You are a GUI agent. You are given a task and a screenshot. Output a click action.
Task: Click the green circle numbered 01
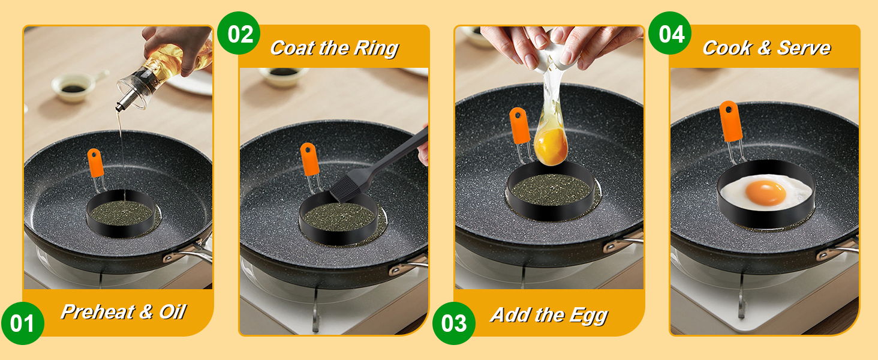[23, 323]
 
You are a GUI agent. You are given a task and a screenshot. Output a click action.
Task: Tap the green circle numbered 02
[239, 34]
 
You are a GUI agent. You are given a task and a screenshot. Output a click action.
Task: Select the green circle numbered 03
[453, 323]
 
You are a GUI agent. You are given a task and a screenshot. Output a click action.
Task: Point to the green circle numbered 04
[670, 34]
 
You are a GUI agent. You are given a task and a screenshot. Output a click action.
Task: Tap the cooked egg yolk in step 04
[765, 193]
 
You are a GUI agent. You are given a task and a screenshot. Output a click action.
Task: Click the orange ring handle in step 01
[95, 163]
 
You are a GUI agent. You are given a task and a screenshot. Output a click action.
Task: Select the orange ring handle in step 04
[731, 121]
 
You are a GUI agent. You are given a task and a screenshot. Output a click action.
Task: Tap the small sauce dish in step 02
[283, 76]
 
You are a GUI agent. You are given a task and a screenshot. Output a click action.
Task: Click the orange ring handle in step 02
[309, 159]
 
